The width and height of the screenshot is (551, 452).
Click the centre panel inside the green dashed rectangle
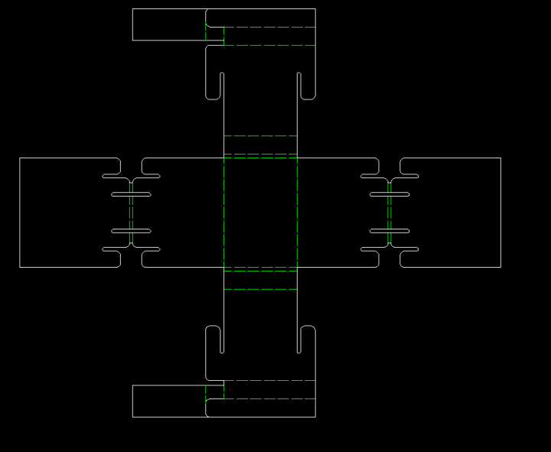260,213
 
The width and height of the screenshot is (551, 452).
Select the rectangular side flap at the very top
168,24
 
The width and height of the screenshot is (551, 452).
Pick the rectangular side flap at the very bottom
168,401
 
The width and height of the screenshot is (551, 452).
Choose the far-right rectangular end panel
459,213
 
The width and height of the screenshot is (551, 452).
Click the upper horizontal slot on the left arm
131,194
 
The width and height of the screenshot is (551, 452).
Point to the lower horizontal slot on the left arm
131,231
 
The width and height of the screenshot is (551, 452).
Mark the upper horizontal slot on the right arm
390,194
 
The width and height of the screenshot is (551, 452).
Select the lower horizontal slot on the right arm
390,231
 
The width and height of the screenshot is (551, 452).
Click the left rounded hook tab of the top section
214,84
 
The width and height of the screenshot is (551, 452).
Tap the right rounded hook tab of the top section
307,84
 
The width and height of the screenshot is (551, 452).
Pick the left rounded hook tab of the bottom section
214,340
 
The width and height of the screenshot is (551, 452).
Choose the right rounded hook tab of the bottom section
307,340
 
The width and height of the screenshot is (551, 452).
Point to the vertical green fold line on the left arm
131,213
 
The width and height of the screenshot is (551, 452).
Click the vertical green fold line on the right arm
390,213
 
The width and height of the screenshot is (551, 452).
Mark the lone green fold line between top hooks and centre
260,136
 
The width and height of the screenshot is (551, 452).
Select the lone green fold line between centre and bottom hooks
260,289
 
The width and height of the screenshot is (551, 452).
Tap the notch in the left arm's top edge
131,164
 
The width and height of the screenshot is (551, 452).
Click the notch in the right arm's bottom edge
390,262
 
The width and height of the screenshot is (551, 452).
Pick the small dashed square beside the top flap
215,36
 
